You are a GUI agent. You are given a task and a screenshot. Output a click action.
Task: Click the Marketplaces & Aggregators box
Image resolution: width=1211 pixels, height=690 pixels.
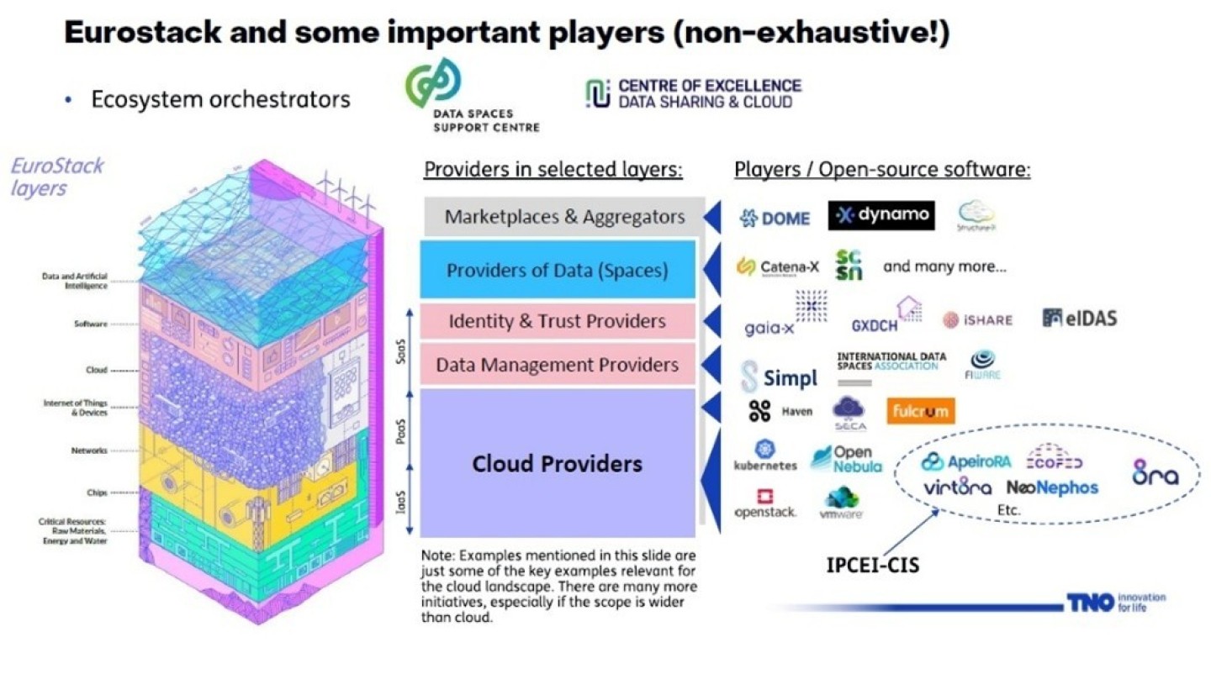564,217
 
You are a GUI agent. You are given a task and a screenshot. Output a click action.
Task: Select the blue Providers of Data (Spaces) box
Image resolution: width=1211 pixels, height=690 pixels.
558,271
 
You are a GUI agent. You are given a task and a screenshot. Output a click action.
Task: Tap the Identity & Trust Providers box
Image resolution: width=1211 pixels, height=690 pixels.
558,321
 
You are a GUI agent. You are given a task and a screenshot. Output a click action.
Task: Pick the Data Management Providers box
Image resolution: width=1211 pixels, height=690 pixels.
558,365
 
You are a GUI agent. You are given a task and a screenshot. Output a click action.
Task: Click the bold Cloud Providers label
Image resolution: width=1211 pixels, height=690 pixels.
557,463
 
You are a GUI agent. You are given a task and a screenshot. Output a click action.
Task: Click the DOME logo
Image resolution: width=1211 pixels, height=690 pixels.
775,219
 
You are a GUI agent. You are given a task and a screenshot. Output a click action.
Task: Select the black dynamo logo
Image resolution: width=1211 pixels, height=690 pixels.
881,215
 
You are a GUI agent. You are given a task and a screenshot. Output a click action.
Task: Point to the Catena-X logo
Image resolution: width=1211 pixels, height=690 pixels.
777,267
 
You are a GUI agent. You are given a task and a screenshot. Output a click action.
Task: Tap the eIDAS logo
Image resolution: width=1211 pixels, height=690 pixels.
1079,318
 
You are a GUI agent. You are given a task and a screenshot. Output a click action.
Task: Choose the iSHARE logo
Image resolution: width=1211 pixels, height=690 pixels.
977,319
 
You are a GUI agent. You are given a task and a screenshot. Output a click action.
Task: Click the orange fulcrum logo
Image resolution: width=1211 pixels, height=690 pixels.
920,411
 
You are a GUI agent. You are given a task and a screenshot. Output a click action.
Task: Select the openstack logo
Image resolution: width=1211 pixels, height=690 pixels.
765,503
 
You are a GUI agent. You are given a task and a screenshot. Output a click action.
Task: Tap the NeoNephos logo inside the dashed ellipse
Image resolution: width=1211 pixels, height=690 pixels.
1052,487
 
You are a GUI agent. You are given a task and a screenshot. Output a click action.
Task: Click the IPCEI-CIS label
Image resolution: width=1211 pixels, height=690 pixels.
873,565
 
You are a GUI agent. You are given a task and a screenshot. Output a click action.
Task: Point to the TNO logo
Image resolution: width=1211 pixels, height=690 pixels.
1090,602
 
